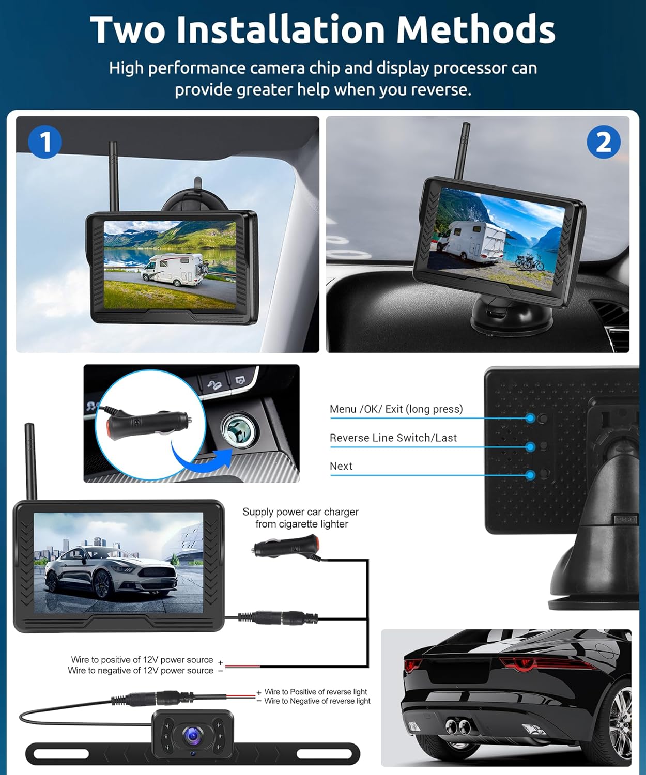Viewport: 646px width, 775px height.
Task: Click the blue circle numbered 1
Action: click(45, 142)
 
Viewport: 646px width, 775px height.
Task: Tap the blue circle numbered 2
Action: click(603, 142)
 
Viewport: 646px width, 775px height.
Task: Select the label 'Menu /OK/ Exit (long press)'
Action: click(396, 409)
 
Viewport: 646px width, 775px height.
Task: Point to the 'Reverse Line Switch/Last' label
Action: click(393, 438)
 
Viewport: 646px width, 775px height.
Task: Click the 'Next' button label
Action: click(341, 466)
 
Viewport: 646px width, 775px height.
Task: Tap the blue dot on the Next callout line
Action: click(530, 475)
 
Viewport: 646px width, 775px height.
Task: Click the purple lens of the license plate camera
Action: click(193, 735)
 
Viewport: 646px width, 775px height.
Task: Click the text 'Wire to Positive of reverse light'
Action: click(315, 692)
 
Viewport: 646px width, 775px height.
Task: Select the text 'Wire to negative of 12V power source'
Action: click(141, 671)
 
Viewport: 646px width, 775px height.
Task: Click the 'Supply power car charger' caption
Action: click(300, 512)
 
